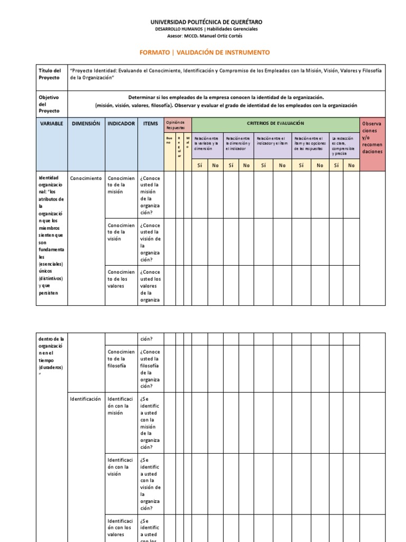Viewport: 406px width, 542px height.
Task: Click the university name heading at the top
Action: pyautogui.click(x=206, y=22)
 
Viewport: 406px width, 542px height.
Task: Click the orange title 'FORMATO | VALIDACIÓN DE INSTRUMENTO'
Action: pyautogui.click(x=204, y=52)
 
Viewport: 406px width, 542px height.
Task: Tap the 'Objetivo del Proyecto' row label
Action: pyautogui.click(x=49, y=104)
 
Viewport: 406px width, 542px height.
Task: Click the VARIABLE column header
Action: pyautogui.click(x=52, y=123)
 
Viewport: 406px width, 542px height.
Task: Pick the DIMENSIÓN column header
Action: pyautogui.click(x=86, y=123)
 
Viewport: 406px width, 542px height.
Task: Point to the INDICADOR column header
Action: pyautogui.click(x=121, y=123)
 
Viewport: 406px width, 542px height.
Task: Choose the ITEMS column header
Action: pyautogui.click(x=151, y=123)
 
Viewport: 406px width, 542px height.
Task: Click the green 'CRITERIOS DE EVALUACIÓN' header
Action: pyautogui.click(x=275, y=123)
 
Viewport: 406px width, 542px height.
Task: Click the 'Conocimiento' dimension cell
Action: pyautogui.click(x=86, y=178)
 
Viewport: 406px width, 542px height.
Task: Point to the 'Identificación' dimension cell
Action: pyautogui.click(x=86, y=399)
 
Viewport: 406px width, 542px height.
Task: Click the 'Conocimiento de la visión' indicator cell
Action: pyautogui.click(x=121, y=232)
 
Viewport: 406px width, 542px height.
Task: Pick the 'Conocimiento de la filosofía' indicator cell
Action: pyautogui.click(x=121, y=358)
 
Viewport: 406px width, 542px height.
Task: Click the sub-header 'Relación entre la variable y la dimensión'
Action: pyautogui.click(x=207, y=143)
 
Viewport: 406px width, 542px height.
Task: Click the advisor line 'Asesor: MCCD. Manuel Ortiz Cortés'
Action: pyautogui.click(x=206, y=36)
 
